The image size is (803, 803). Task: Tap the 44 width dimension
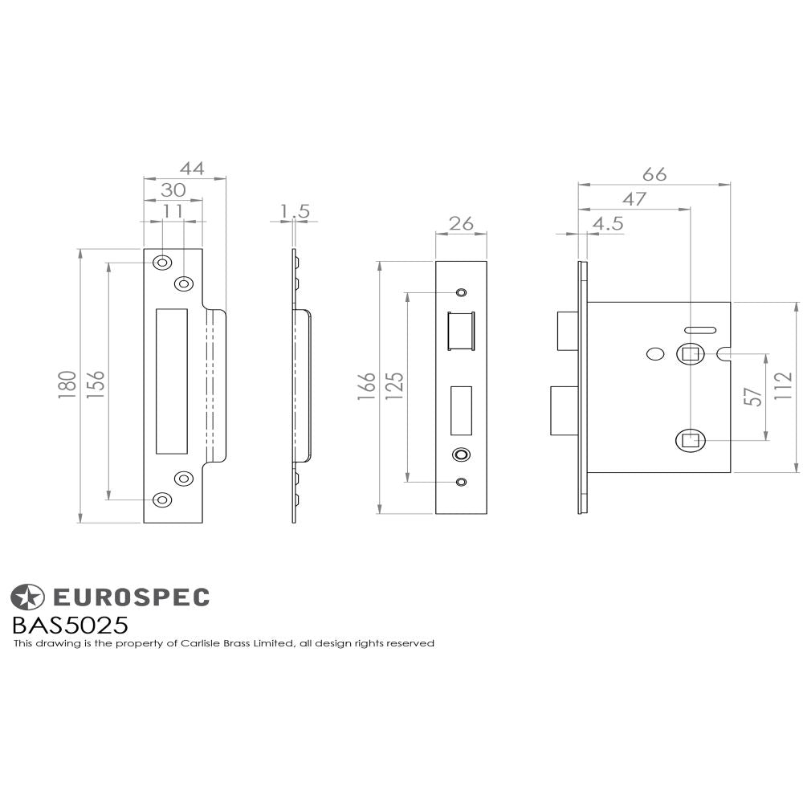pyautogui.click(x=192, y=169)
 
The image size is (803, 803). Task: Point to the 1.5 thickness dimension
pyautogui.click(x=295, y=211)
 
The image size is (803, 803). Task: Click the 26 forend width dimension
pyautogui.click(x=461, y=223)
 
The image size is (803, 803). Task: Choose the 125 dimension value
pyautogui.click(x=394, y=386)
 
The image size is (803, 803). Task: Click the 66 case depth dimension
pyautogui.click(x=654, y=174)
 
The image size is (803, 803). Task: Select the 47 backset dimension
pyautogui.click(x=634, y=199)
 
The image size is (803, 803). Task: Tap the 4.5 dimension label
pyautogui.click(x=607, y=224)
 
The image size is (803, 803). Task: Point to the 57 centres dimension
pyautogui.click(x=752, y=396)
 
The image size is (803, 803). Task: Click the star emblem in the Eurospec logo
pyautogui.click(x=27, y=597)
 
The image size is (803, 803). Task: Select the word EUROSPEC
pyautogui.click(x=131, y=597)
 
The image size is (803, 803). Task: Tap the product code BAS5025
pyautogui.click(x=70, y=625)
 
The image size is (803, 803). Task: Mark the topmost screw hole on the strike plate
pyautogui.click(x=162, y=262)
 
